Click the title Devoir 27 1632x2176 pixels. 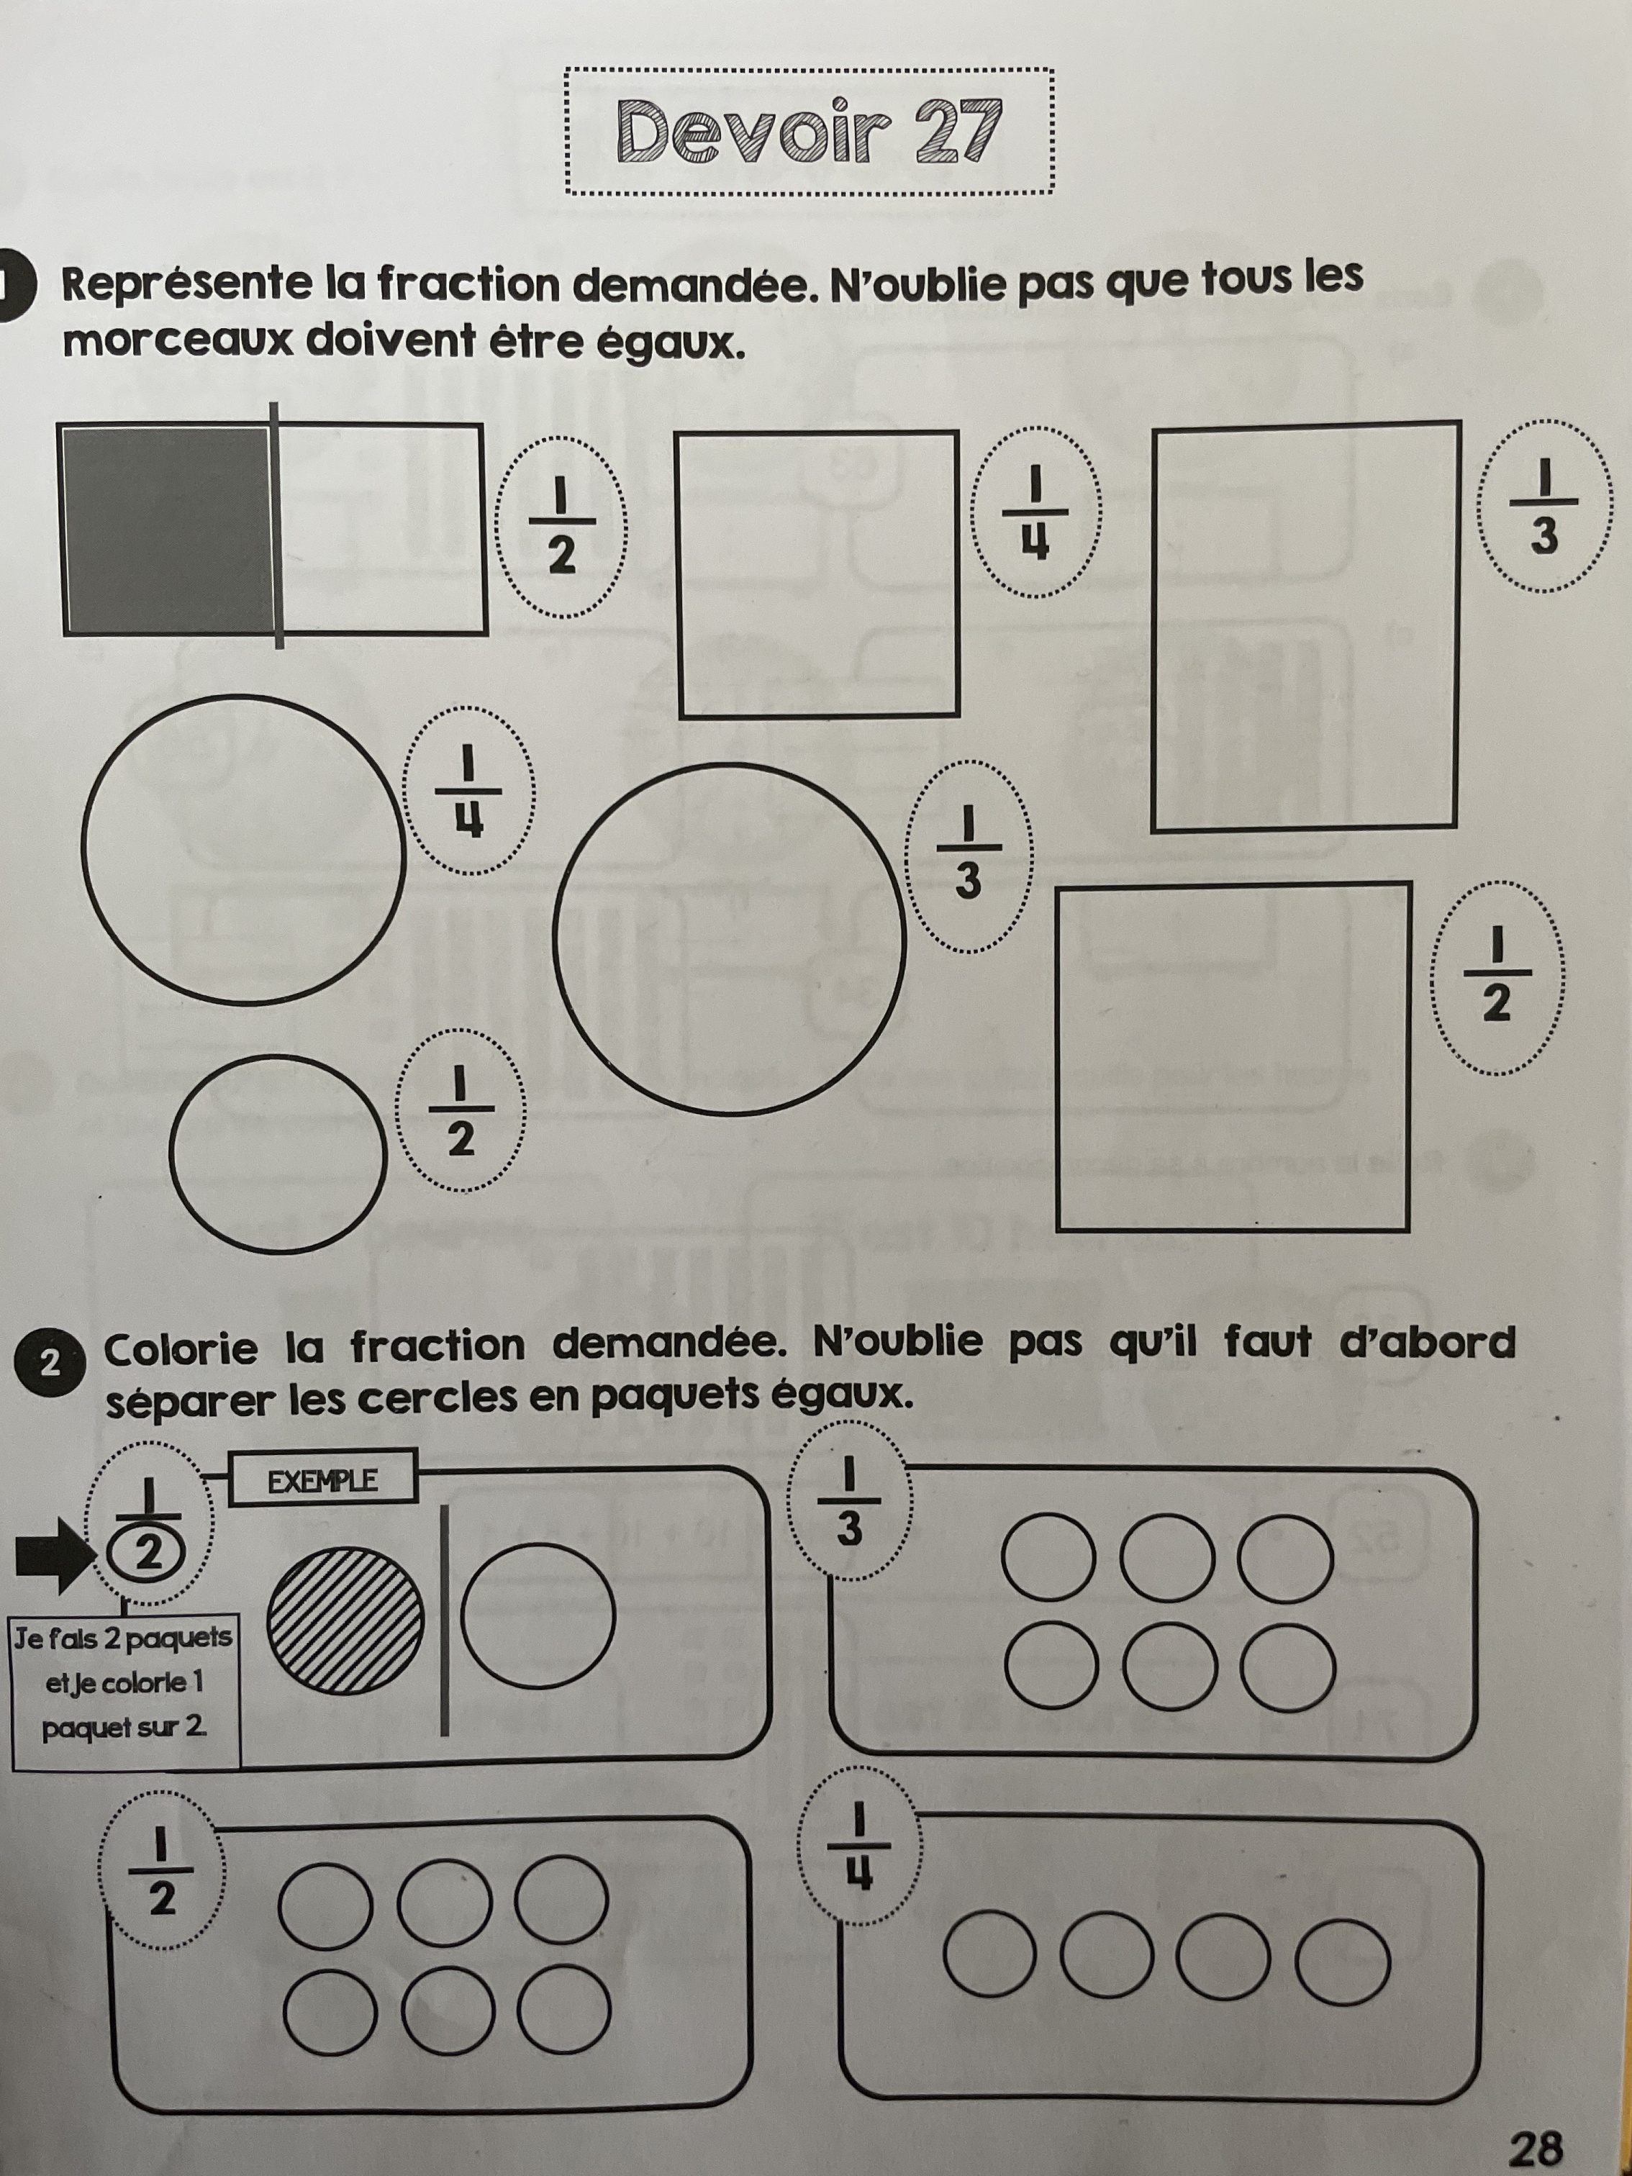809,131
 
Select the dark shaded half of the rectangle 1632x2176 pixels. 167,528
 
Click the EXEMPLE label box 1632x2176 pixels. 322,1479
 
